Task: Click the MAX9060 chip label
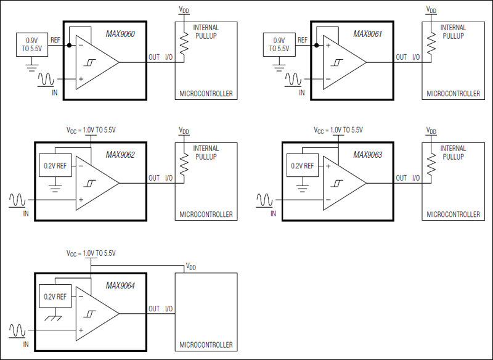pyautogui.click(x=120, y=35)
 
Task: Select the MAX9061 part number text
pyautogui.click(x=368, y=35)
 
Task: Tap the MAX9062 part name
pyautogui.click(x=120, y=155)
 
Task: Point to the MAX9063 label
pyautogui.click(x=368, y=155)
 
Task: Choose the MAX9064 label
pyautogui.click(x=120, y=285)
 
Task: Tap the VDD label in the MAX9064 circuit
pyautogui.click(x=192, y=266)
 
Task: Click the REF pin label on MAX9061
pyautogui.click(x=302, y=40)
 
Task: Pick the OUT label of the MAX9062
pyautogui.click(x=154, y=178)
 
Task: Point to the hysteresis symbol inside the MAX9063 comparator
pyautogui.click(x=338, y=183)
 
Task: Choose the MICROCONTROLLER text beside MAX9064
pyautogui.click(x=206, y=345)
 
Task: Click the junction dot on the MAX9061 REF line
pyautogui.click(x=316, y=45)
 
